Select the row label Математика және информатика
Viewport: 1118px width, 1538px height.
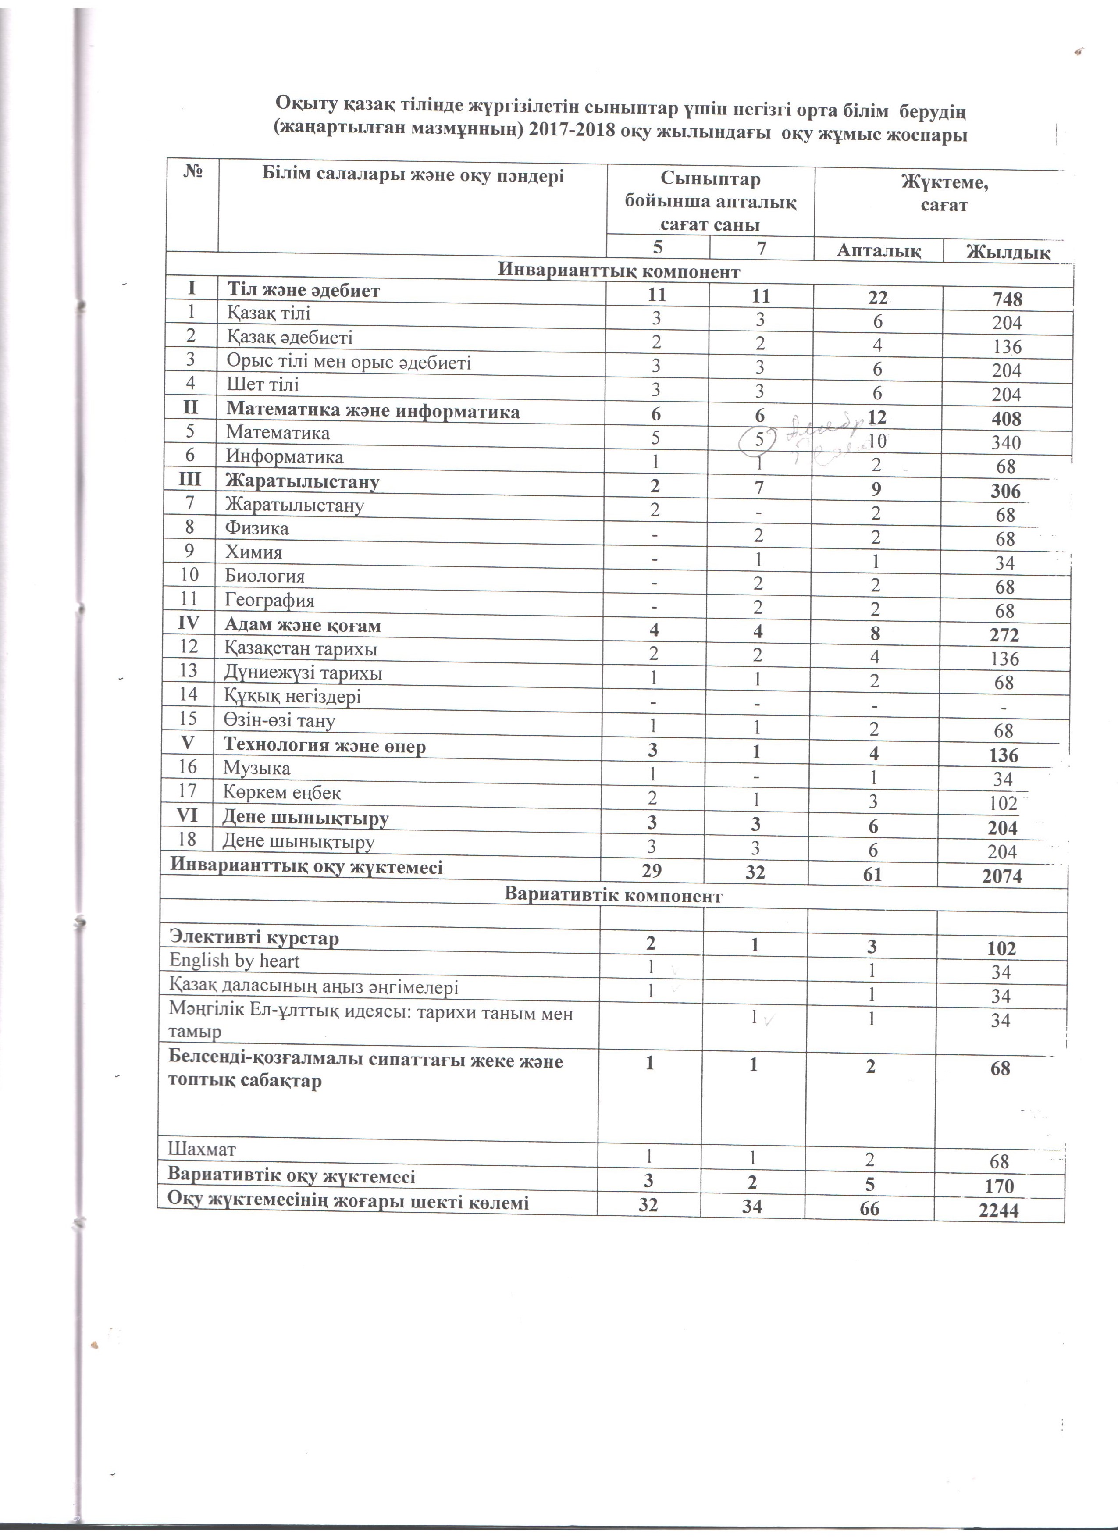pos(373,412)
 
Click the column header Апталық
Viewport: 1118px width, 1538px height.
pos(879,250)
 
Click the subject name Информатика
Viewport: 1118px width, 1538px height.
pos(285,456)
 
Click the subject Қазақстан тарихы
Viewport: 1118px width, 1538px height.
pos(301,649)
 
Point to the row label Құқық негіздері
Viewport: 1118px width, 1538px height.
pos(293,696)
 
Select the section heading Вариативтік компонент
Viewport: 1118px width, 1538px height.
pos(613,896)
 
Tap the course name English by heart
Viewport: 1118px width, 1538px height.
pos(234,961)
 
